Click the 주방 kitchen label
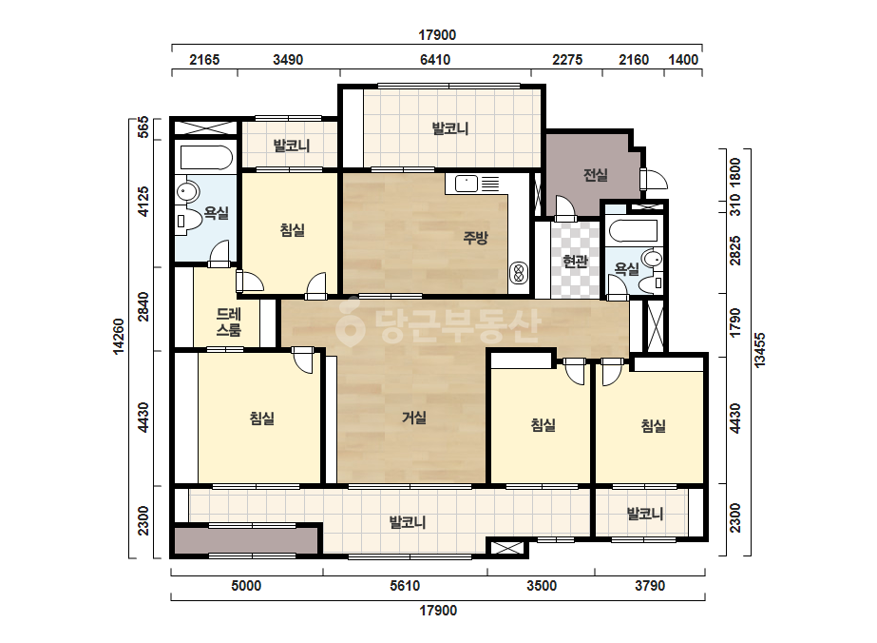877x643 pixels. pyautogui.click(x=475, y=238)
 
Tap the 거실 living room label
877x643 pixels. pyautogui.click(x=414, y=418)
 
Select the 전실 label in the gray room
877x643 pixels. pyautogui.click(x=595, y=175)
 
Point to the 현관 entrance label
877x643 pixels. pyautogui.click(x=576, y=261)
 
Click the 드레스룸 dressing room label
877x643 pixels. pyautogui.click(x=229, y=322)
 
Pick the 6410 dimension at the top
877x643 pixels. pyautogui.click(x=435, y=59)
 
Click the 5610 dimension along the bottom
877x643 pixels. pyautogui.click(x=405, y=586)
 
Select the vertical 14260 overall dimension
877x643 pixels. pyautogui.click(x=119, y=336)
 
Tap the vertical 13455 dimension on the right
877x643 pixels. pyautogui.click(x=759, y=351)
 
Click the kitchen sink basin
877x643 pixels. pyautogui.click(x=466, y=184)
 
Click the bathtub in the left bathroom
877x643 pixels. pyautogui.click(x=206, y=158)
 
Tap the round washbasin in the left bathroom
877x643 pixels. pyautogui.click(x=187, y=191)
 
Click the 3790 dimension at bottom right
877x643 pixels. pyautogui.click(x=650, y=586)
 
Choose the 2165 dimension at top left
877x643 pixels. pyautogui.click(x=204, y=59)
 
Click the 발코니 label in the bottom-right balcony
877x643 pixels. pyautogui.click(x=645, y=513)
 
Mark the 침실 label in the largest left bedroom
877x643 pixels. pyautogui.click(x=261, y=419)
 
